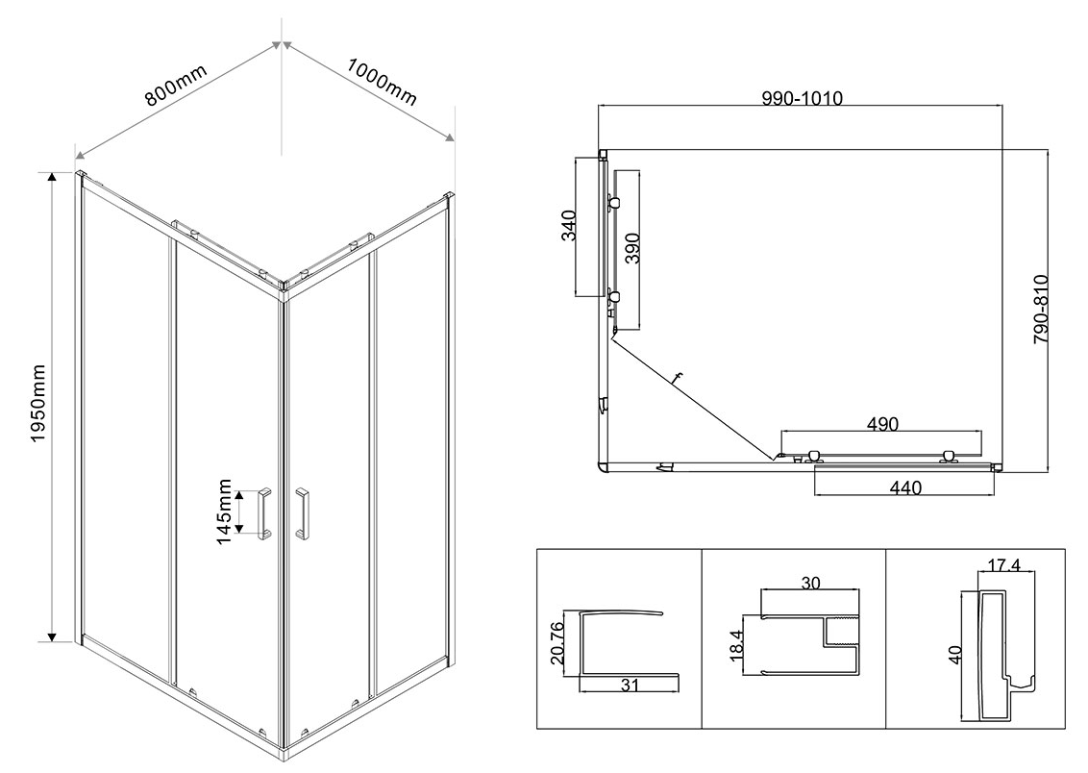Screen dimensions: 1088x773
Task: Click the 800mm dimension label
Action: tap(176, 85)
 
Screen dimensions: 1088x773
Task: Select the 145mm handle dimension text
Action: tap(223, 511)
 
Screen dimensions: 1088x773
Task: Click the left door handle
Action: tap(264, 512)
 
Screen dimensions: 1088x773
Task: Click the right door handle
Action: tap(302, 512)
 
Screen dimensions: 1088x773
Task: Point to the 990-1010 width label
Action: tap(803, 98)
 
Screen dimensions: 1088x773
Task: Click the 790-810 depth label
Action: tap(1040, 310)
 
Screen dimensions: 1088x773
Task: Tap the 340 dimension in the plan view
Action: tap(569, 225)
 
